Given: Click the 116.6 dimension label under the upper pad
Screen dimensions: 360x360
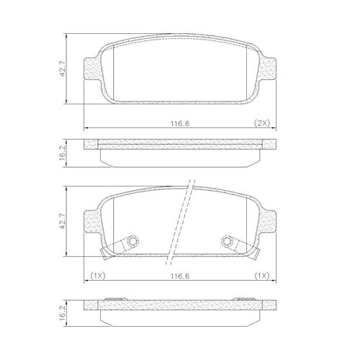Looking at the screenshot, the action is click(180, 123).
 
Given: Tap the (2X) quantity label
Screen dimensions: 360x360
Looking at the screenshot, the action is click(262, 123).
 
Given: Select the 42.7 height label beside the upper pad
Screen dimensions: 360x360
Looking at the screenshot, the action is click(63, 69).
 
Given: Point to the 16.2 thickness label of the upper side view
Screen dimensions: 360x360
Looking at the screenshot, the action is click(63, 153).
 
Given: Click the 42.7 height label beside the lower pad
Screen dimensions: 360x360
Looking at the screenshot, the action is click(63, 222).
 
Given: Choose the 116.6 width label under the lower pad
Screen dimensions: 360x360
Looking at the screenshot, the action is click(180, 276).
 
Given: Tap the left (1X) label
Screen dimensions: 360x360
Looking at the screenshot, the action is click(98, 276).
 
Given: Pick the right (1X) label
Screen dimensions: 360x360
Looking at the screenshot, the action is click(262, 276).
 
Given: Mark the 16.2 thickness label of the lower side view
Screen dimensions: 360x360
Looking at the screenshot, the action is click(63, 314).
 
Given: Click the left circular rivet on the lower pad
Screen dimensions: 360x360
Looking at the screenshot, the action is click(132, 240).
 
